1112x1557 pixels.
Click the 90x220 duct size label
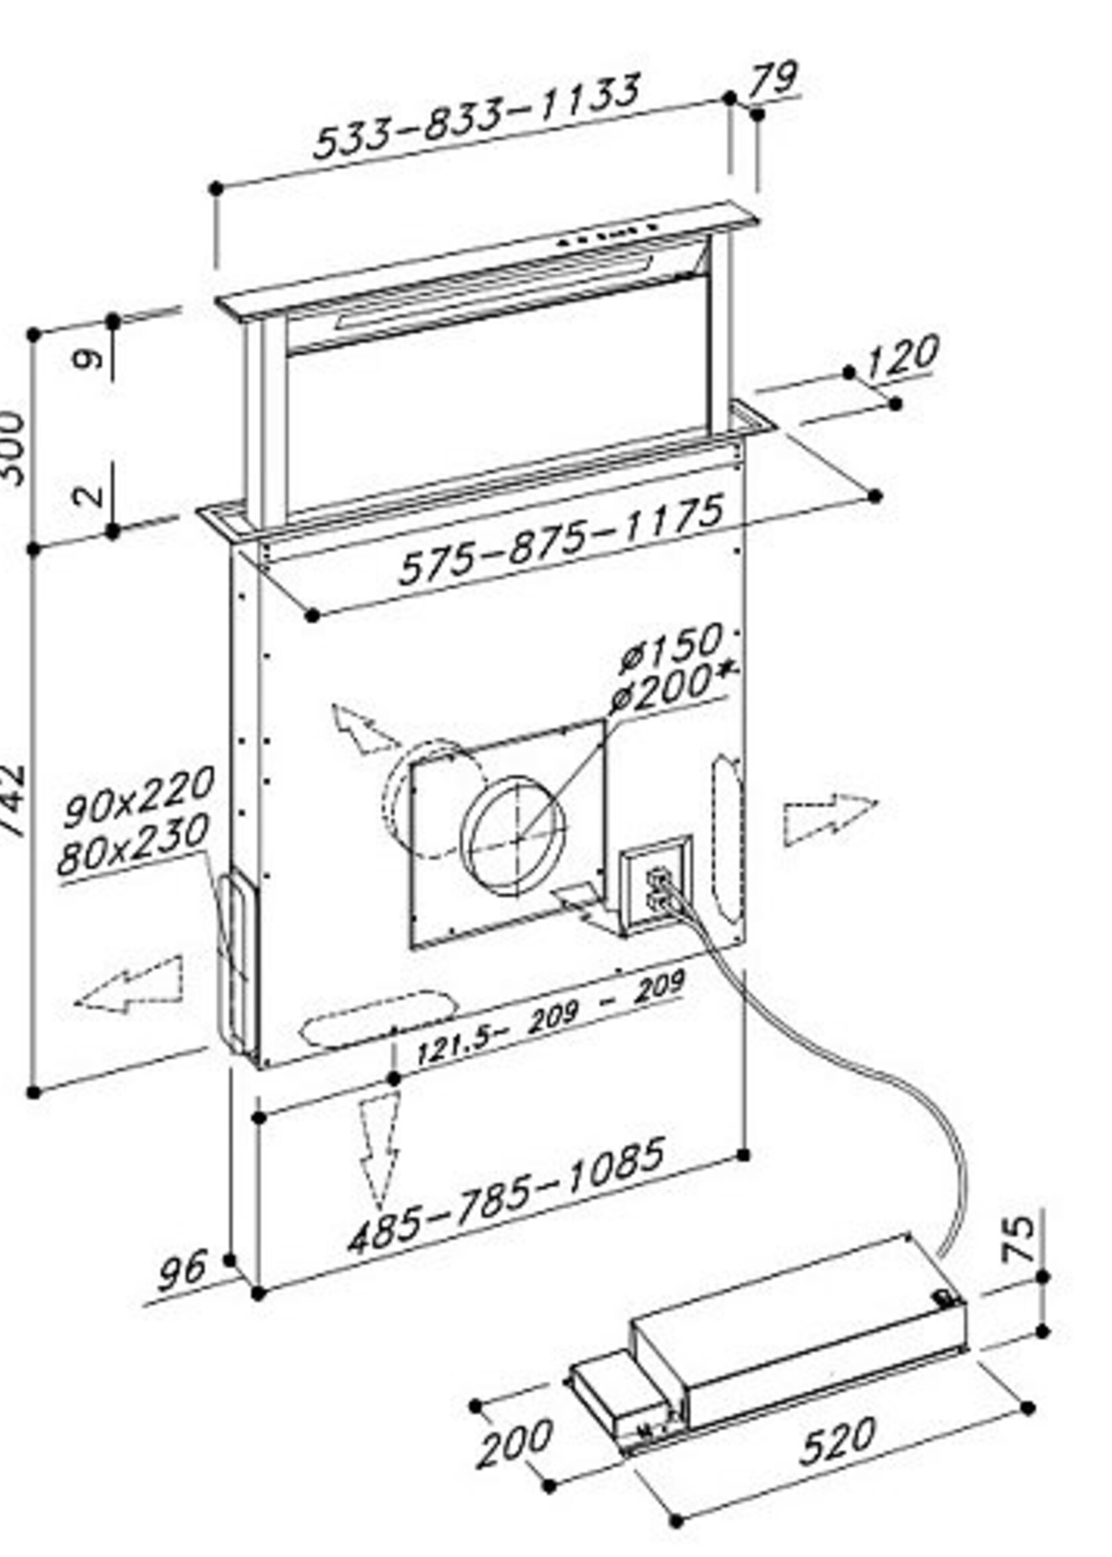point(138,797)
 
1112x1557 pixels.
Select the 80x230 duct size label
point(133,845)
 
